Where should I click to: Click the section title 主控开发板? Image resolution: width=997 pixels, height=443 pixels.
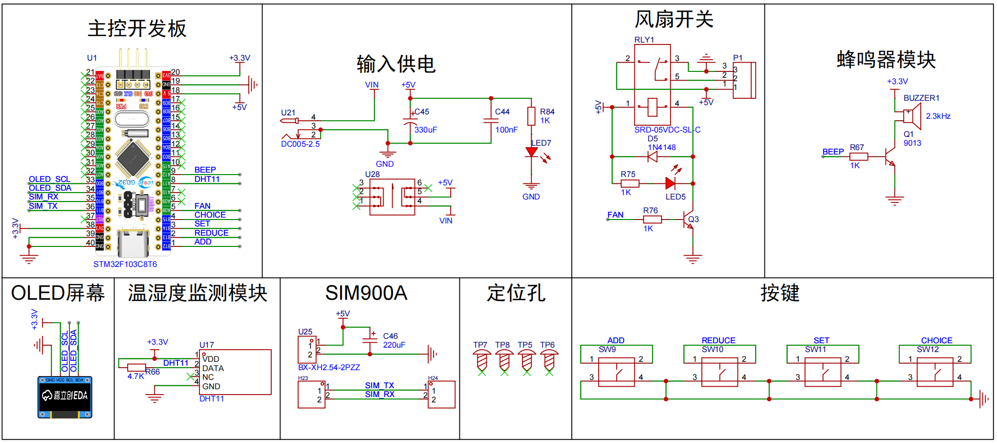coord(137,28)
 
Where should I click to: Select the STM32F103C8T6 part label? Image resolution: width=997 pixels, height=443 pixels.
coord(125,264)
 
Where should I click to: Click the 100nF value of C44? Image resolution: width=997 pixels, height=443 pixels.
coord(506,130)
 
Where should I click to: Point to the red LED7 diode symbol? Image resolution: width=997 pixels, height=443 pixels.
coord(531,152)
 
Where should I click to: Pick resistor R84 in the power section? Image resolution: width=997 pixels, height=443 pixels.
coord(531,116)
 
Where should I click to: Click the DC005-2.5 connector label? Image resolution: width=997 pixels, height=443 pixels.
coord(300,144)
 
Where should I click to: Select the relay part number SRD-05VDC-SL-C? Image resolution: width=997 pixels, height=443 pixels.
coord(667,130)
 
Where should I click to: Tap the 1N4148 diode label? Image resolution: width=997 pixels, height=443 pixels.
coord(662,147)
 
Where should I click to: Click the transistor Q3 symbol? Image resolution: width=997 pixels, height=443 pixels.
coord(689,220)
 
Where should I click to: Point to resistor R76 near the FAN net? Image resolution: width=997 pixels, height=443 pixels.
coord(652,220)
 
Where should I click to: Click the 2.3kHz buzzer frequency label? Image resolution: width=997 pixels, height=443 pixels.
coord(938,116)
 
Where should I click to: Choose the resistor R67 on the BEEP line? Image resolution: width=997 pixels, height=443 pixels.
coord(859,156)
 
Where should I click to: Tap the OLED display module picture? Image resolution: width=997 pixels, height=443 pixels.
coord(65,397)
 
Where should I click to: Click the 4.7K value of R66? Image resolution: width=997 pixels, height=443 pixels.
coord(135,376)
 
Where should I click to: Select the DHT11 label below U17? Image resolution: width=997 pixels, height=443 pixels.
coord(212,399)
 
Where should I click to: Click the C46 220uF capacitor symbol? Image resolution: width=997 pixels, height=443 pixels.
coord(370,340)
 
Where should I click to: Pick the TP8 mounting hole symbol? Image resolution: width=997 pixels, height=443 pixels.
coord(504,360)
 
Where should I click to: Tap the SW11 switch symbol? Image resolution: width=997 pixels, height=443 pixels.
coord(823,373)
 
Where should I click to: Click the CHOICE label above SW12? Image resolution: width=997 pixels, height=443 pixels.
coord(936,340)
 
